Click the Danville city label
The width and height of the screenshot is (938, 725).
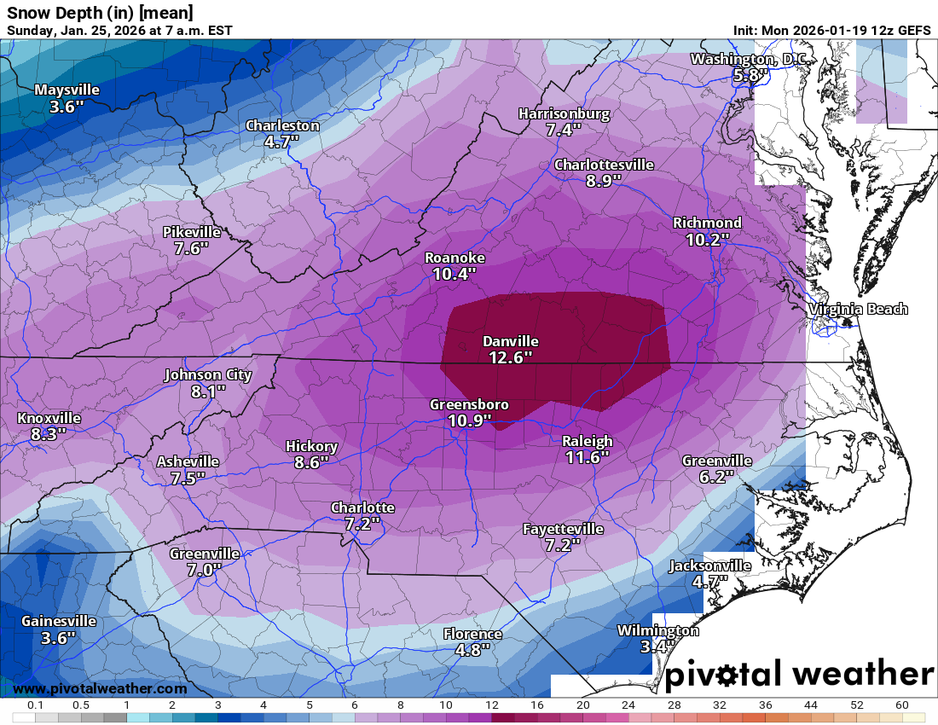[510, 341]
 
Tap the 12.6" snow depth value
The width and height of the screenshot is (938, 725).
[510, 357]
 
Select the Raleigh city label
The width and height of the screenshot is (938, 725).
[587, 441]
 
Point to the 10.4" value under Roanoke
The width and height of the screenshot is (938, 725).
[455, 274]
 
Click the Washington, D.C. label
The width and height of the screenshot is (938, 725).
[748, 59]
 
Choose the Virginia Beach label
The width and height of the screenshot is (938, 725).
[858, 309]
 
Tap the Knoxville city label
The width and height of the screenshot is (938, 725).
[49, 418]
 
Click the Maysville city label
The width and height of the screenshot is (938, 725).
[67, 90]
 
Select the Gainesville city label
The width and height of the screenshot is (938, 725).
[58, 621]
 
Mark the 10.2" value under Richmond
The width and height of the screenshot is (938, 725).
[707, 240]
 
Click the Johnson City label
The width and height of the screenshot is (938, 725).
[208, 374]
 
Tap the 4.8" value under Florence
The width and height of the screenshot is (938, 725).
[472, 649]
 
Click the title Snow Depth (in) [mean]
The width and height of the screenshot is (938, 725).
[100, 12]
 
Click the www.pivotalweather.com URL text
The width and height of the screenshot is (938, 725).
[101, 688]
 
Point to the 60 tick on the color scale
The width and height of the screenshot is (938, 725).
[901, 705]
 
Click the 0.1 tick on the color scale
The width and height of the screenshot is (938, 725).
[35, 705]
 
